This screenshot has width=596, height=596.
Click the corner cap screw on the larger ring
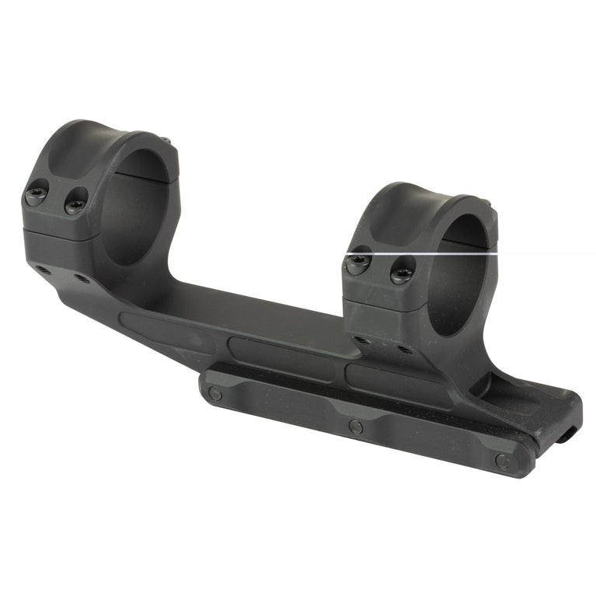36,196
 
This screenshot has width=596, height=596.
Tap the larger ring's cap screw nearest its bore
75,204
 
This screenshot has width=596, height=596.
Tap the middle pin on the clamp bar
356,426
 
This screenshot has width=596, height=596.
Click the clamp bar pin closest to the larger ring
215,394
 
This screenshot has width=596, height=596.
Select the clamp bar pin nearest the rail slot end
503,462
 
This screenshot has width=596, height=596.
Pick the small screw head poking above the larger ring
166,141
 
